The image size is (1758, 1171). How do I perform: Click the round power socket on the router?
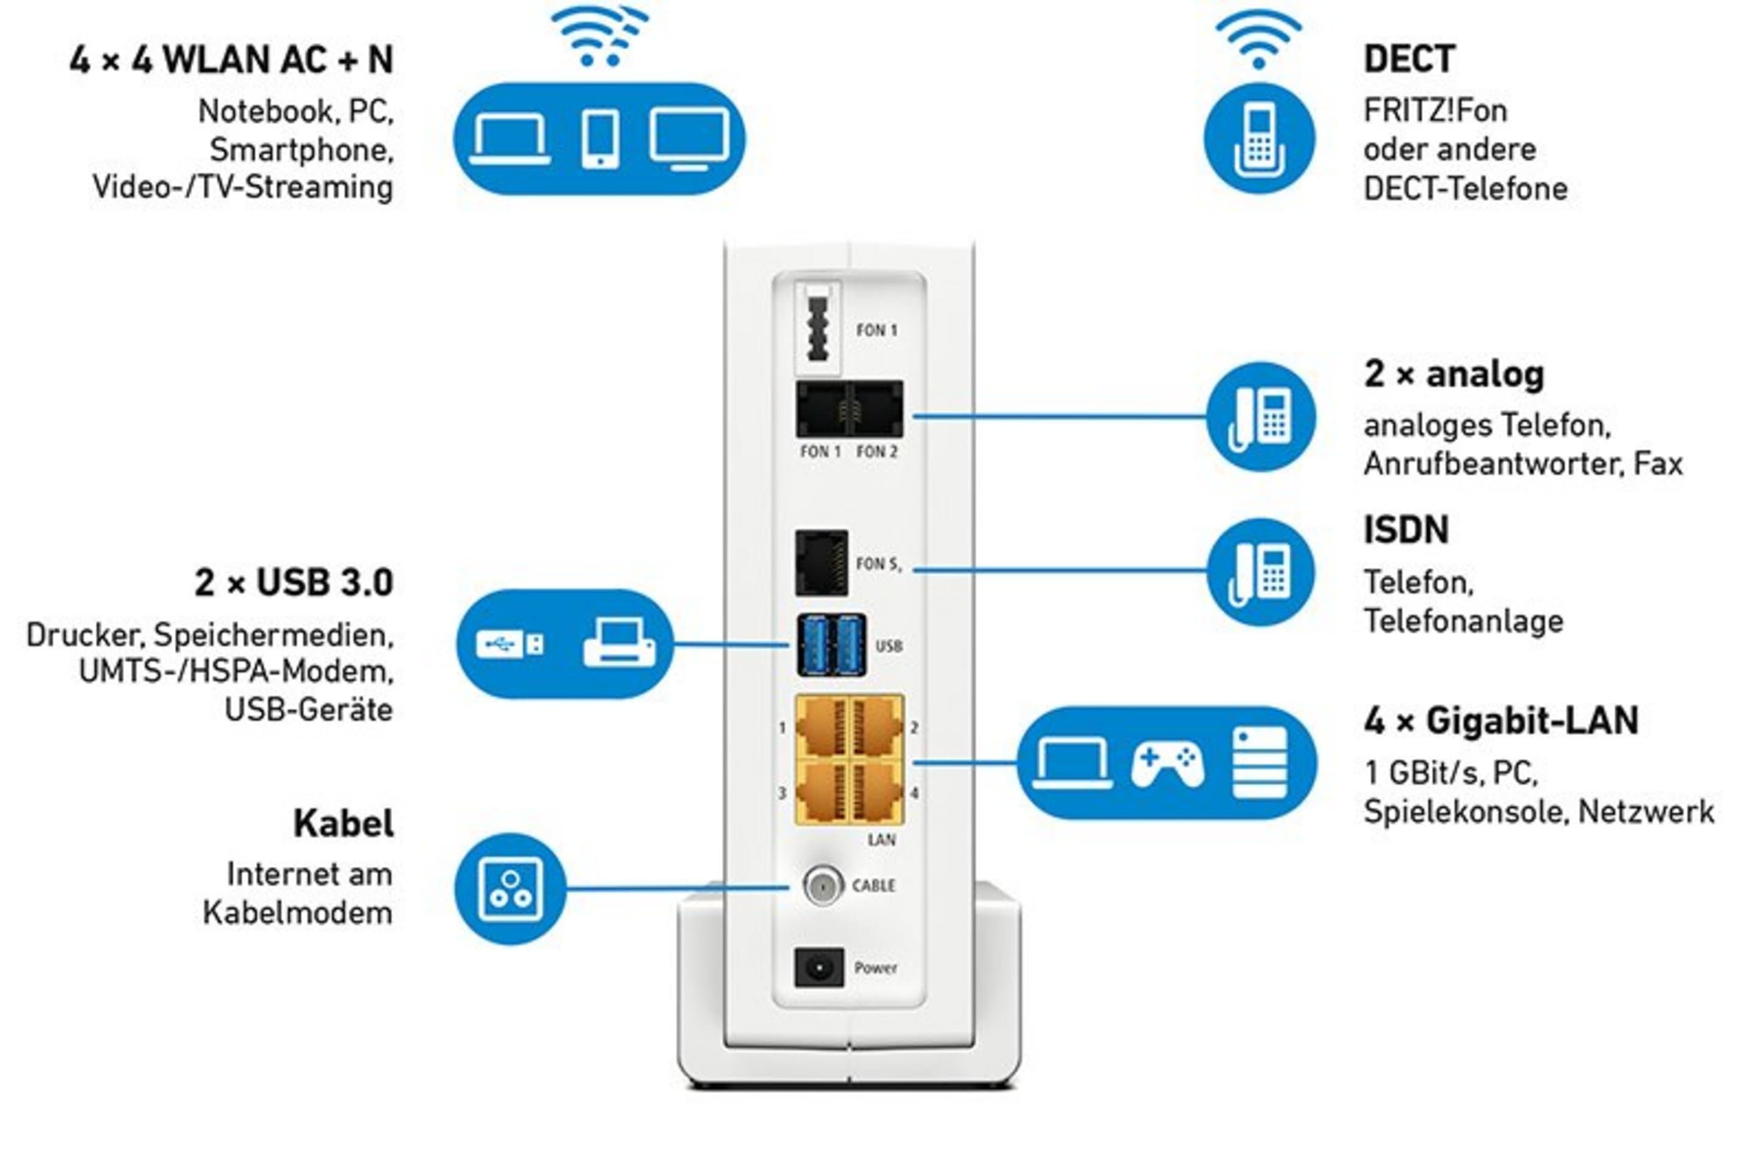pos(819,968)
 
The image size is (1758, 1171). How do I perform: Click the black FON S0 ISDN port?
pos(821,563)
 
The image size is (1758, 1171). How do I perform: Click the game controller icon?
pos(1167,763)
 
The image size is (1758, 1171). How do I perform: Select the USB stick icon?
pos(510,643)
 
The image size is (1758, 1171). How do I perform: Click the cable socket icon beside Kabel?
pos(511,888)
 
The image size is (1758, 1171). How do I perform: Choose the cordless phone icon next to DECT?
pos(1259,140)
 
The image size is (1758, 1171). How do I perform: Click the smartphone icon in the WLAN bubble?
pos(600,140)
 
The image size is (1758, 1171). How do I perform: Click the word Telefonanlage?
pos(1463,622)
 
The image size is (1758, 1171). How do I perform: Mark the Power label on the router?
pos(875,968)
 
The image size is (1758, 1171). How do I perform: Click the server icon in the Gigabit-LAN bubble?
pos(1260,763)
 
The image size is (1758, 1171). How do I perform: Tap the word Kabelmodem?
pos(297,913)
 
